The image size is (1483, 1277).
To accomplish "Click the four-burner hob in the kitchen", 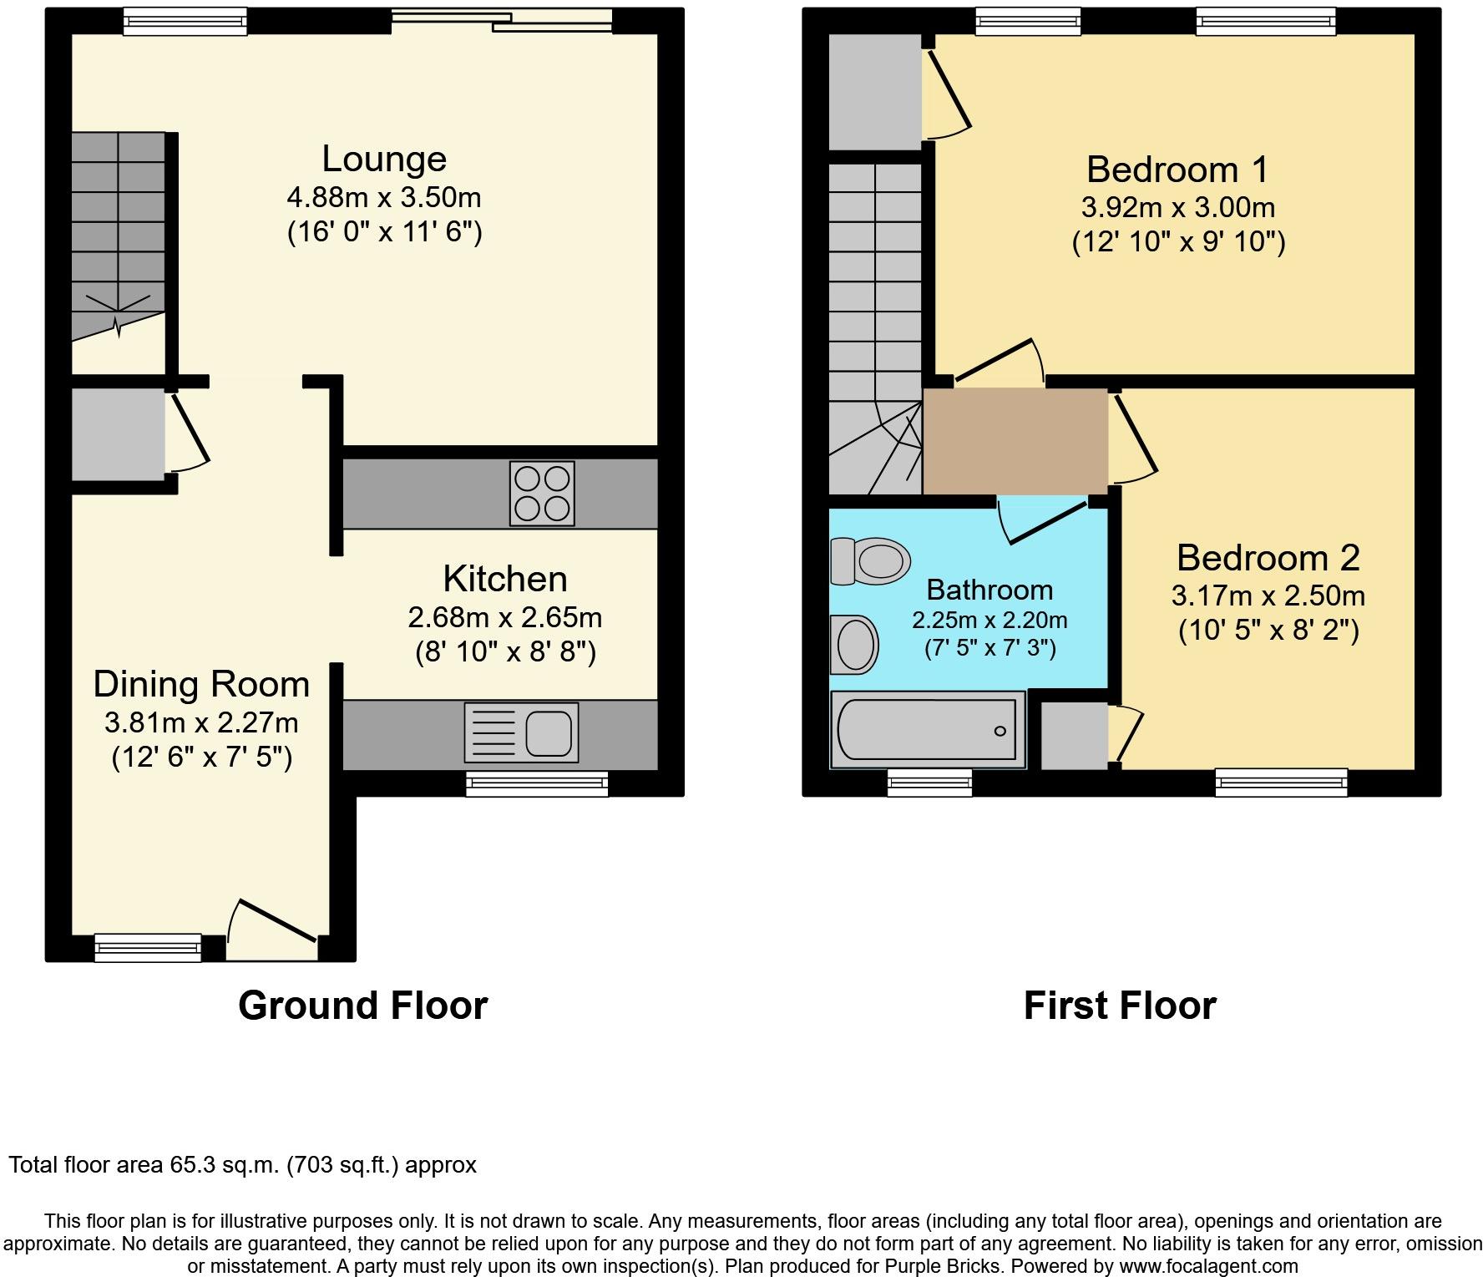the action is (x=542, y=493).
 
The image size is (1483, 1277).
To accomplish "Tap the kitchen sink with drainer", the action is (x=521, y=733).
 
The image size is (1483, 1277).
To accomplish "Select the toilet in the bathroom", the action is (x=870, y=560).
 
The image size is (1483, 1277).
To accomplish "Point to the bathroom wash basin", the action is (x=853, y=644).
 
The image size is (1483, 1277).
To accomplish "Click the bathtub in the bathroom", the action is (x=928, y=729).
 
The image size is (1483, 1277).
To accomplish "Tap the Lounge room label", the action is (x=384, y=159).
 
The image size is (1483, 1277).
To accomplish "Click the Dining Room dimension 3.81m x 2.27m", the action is (x=201, y=722).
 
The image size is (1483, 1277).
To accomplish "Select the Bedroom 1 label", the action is (x=1177, y=170).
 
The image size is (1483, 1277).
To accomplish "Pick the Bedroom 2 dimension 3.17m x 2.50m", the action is (x=1268, y=595).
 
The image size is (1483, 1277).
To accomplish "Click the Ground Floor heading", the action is (x=363, y=1006).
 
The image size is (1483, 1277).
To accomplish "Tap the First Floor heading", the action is (x=1120, y=1006).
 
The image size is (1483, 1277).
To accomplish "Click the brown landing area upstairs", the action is (x=1015, y=441).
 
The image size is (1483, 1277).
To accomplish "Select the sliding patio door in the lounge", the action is (x=502, y=20).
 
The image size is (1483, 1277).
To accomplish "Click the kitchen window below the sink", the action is (x=537, y=783).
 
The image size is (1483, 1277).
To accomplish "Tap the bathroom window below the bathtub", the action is (x=930, y=783).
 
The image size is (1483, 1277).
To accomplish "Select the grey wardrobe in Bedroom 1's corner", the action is (x=875, y=92).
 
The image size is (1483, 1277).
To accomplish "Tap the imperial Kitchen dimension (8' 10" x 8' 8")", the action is (x=505, y=651).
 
